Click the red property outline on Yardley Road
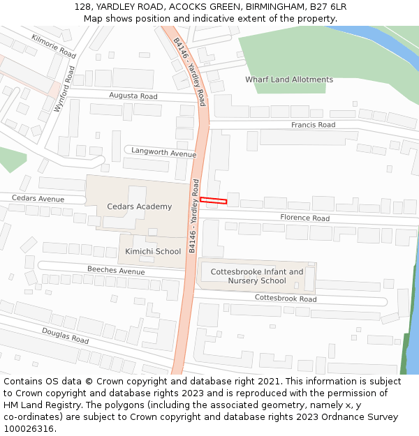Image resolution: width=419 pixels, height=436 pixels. coord(214,201)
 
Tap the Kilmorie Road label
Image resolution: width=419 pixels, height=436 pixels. coord(54,45)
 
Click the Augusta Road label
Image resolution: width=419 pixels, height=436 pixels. coord(133,96)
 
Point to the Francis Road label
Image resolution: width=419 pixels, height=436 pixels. coord(313,125)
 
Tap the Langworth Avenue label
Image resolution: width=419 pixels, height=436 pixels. coord(164,153)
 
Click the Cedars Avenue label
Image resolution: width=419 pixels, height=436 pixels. coord(38,199)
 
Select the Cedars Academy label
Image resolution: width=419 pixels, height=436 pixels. coord(140,206)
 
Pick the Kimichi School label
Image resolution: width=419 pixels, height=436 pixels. coord(153,251)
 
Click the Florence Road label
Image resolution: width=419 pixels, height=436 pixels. coord(304,218)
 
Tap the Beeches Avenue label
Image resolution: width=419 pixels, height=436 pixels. coord(116,270)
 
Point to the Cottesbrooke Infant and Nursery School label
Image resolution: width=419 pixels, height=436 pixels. coord(257,276)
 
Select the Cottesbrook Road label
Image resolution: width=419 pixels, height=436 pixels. coord(285,299)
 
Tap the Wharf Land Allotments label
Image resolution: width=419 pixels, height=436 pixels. coord(289,80)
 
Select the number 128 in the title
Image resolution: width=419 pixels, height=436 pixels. coord(82,7)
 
